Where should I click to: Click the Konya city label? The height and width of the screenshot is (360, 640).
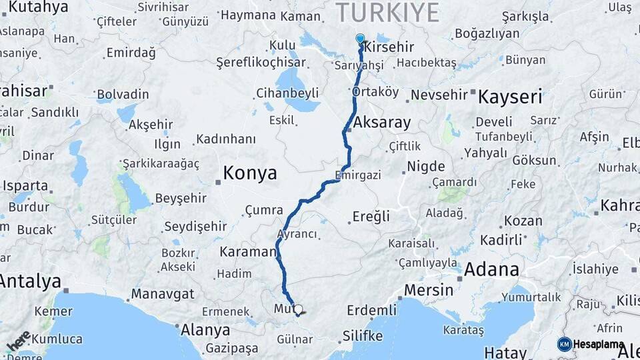pos(249,173)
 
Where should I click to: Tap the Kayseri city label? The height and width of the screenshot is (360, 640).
pos(509,97)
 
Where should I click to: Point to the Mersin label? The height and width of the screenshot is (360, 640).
pos(429,290)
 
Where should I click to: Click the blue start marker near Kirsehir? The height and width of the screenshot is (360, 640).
pos(361,39)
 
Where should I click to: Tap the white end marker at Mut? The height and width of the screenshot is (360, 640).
pos(298,309)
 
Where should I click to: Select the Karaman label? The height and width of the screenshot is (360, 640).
pos(247,252)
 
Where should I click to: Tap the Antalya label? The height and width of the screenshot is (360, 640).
pos(30,281)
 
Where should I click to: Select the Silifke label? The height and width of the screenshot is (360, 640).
pos(362,335)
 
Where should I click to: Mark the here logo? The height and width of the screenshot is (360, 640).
pos(19,341)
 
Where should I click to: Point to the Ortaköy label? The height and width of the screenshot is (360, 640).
pos(375,91)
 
